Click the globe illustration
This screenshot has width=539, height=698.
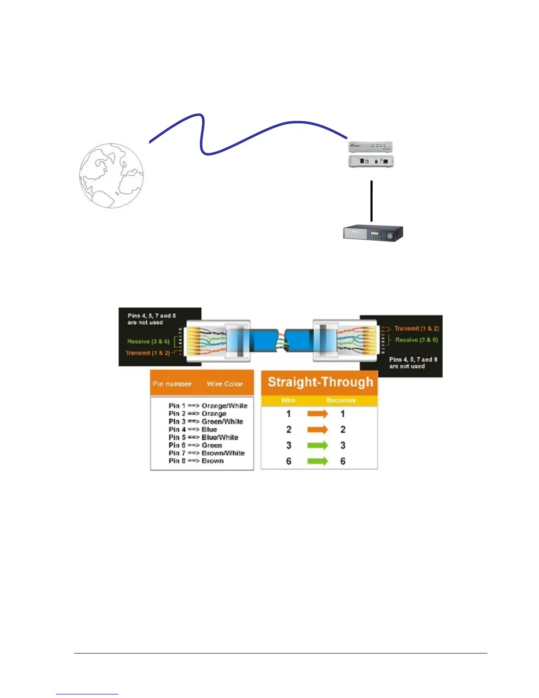111,175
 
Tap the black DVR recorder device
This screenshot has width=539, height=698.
373,233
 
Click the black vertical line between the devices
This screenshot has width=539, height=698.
372,200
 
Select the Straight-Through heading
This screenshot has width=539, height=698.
320,382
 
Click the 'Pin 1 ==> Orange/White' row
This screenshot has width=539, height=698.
208,405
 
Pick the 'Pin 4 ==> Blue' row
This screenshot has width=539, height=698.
193,429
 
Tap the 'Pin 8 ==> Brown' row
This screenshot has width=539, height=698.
196,461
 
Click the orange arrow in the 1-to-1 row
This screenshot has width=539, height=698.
317,414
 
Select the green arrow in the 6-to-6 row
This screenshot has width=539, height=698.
317,461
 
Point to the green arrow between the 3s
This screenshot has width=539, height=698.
317,446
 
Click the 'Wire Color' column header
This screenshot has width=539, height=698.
225,384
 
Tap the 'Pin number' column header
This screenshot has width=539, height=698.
172,384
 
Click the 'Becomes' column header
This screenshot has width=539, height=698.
341,401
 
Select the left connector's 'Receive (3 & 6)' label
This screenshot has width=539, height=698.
148,342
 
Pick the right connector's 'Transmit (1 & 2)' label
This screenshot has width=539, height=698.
417,328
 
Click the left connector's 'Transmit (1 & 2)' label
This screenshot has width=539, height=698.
148,353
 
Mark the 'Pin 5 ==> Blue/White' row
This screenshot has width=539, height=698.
203,437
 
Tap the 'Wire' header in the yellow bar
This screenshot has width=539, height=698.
288,401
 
